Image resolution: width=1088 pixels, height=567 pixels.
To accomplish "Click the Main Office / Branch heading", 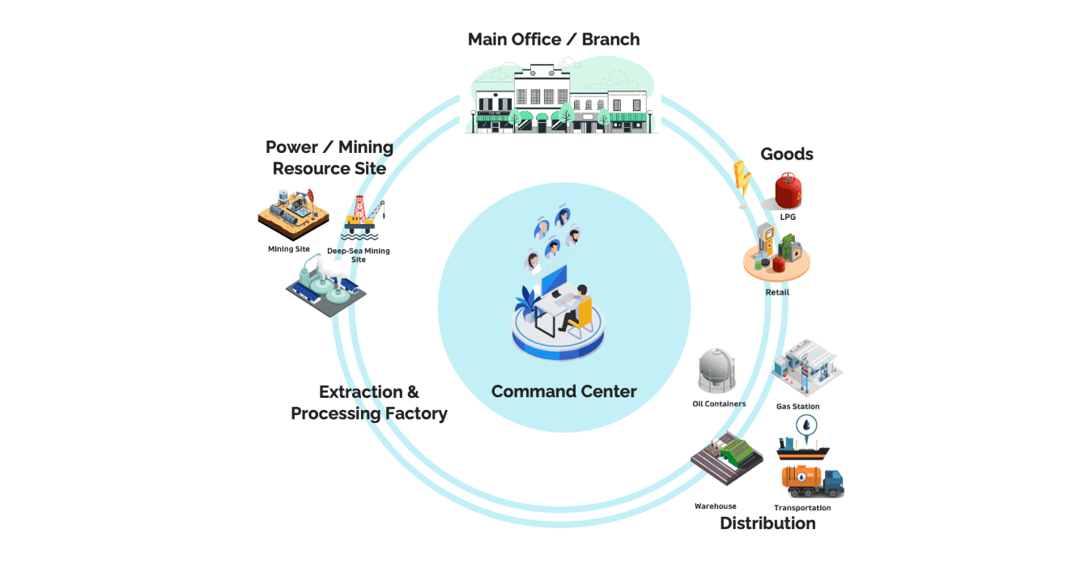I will point(554,39).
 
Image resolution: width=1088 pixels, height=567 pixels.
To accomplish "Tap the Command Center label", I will point(563,391).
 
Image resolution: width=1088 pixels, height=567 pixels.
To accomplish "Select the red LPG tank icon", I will point(788,191).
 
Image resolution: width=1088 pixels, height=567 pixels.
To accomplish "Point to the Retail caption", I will point(777,292).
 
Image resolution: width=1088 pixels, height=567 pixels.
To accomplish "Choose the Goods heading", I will point(787,154).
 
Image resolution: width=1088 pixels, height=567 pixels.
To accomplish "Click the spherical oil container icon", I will point(716,371).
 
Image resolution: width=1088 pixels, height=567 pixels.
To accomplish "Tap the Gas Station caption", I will point(797,406).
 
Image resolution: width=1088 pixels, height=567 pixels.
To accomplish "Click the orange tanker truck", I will point(812,480).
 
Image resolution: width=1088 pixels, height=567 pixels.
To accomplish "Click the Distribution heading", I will point(767,523).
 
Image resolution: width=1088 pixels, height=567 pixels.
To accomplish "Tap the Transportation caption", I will point(802,508).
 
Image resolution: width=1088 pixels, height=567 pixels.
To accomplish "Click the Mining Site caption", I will point(289,249).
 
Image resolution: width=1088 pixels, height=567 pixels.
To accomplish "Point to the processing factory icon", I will point(325,288).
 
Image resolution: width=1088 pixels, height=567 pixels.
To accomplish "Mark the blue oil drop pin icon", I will point(806,425).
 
